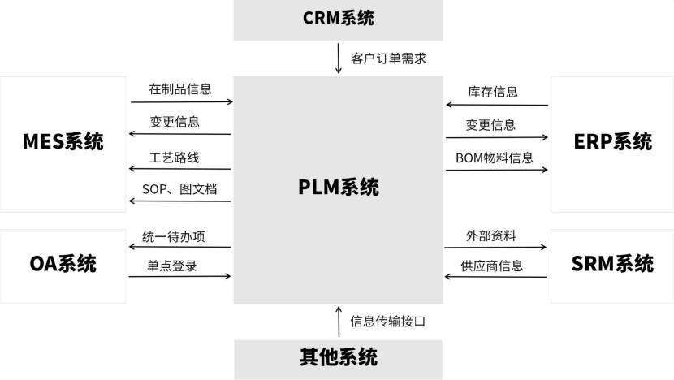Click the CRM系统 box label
tap(338, 17)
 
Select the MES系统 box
tap(63, 142)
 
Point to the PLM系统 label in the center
tap(338, 188)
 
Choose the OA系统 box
tap(63, 263)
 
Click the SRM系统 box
tap(612, 263)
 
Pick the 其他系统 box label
tap(338, 356)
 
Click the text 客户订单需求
tap(388, 58)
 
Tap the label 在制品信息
tap(179, 89)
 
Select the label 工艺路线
tap(174, 158)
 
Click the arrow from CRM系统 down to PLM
tap(339, 59)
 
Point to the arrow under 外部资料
tap(495, 248)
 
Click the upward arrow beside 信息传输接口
tap(339, 322)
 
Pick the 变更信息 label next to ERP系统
tap(490, 125)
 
